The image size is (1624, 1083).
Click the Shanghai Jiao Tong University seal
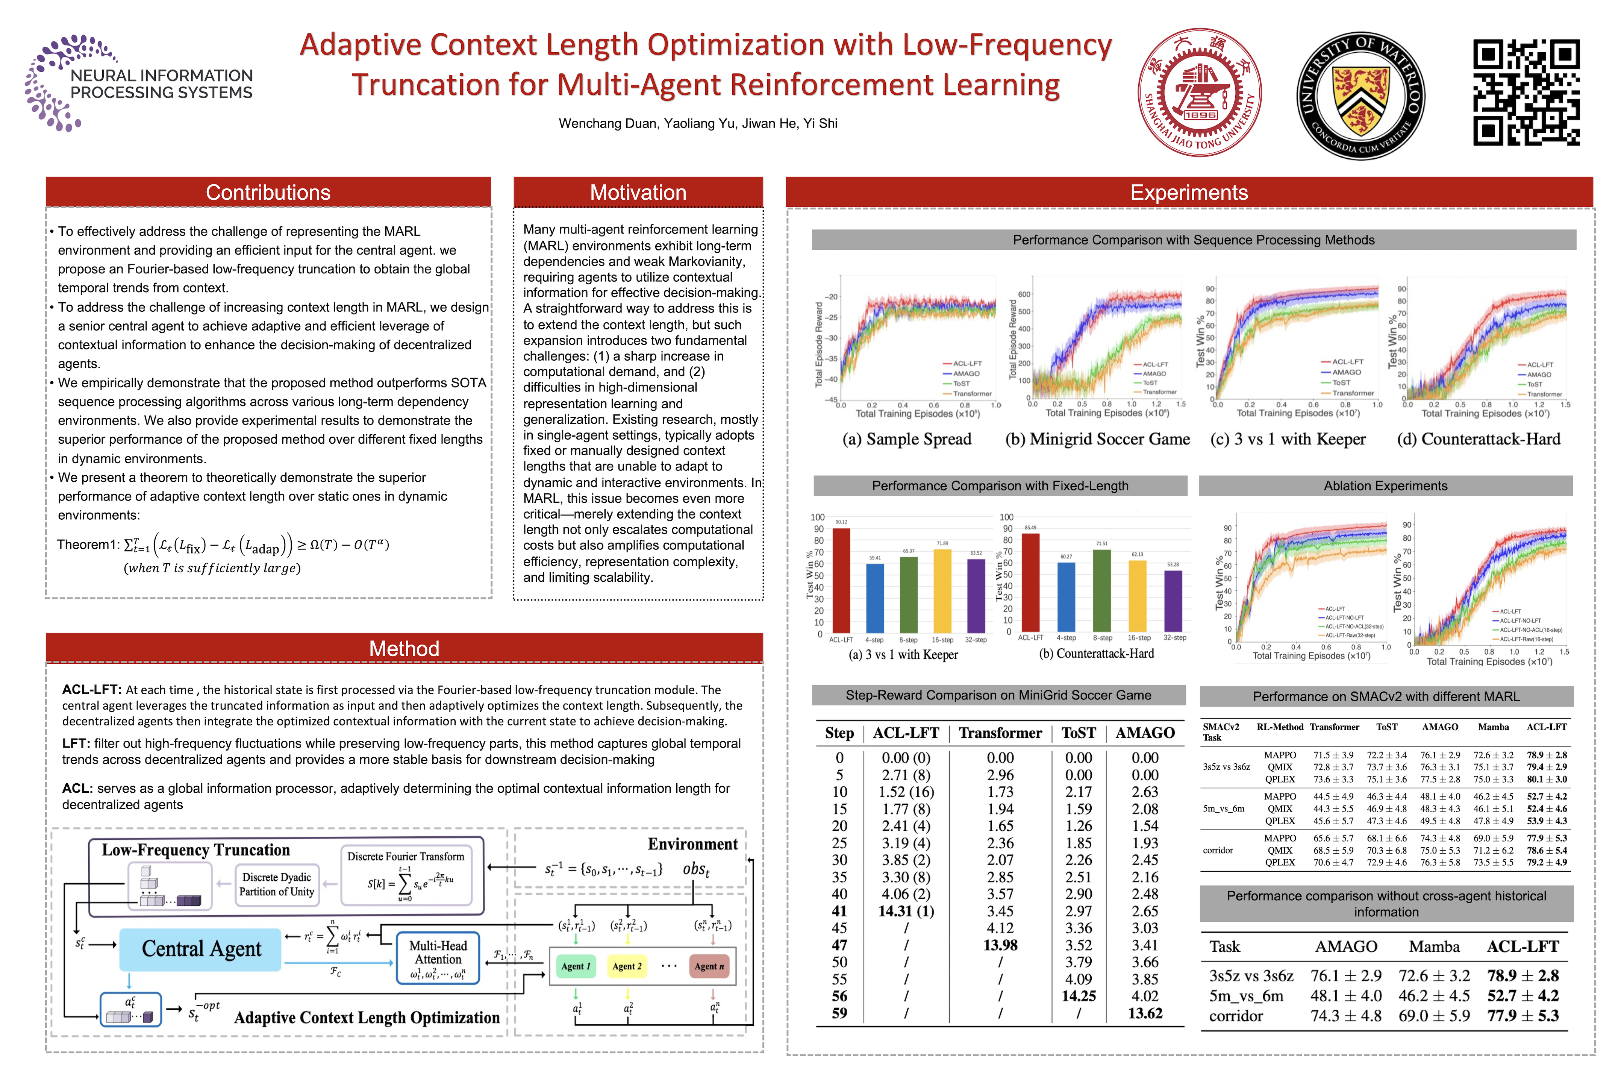pos(1200,93)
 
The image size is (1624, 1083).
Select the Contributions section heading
pos(268,193)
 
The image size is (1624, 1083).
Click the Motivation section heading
pos(638,193)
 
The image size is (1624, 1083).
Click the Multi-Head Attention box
pos(438,959)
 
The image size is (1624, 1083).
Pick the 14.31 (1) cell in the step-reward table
pos(906,911)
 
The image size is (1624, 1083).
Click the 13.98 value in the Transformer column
pos(1000,945)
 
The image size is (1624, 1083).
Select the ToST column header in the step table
pos(1078,733)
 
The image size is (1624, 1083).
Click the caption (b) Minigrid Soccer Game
pos(1097,439)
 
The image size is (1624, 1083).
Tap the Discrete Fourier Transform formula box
pos(406,876)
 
